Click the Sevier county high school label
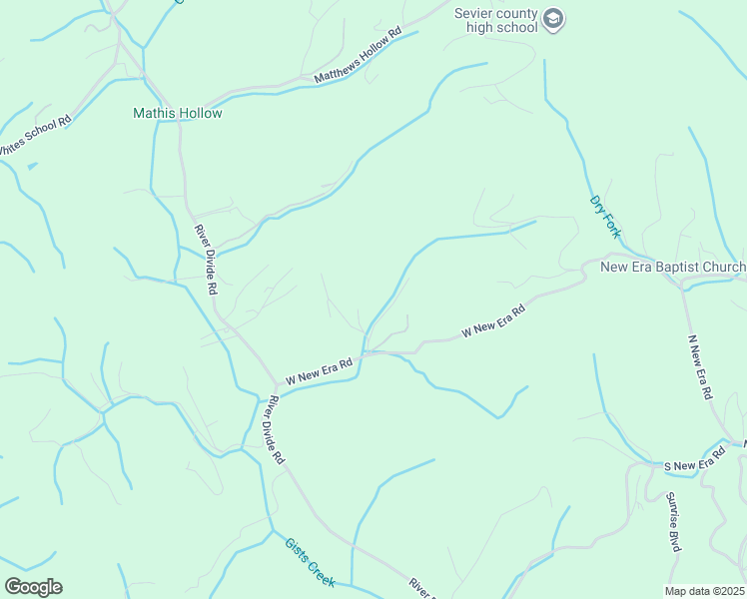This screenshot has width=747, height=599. [496, 20]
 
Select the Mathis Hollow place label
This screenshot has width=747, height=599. [178, 113]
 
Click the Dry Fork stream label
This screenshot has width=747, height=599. [604, 216]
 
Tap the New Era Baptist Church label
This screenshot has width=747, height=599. [672, 267]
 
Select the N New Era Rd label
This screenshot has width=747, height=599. [699, 366]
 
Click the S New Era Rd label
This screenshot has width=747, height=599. [694, 464]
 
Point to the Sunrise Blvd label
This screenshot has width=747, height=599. [673, 522]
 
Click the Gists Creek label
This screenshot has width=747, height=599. [310, 561]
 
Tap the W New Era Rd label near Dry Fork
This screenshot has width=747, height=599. [492, 322]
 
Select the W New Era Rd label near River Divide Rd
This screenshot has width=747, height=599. [320, 372]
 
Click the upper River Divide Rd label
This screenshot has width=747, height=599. [206, 259]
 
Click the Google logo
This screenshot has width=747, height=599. [33, 587]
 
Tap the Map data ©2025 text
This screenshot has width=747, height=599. [705, 591]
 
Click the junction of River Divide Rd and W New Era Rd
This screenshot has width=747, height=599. [278, 387]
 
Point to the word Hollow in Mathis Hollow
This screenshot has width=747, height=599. [201, 113]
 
